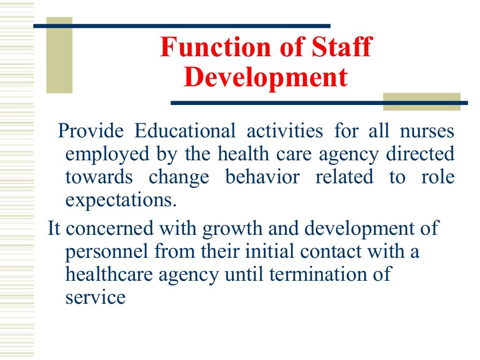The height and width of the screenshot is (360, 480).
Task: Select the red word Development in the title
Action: tap(266, 77)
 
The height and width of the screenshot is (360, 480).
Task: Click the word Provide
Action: tap(90, 131)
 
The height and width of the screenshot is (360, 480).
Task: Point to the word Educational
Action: tap(185, 131)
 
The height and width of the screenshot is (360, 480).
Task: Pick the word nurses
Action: tap(427, 131)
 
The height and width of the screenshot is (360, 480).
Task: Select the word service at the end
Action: tap(95, 298)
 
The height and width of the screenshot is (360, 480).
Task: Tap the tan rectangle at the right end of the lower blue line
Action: tap(422, 102)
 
